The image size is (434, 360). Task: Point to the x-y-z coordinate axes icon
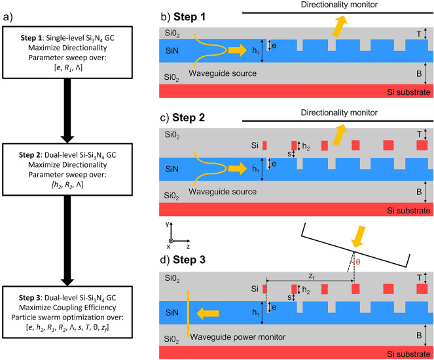tap(173, 234)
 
